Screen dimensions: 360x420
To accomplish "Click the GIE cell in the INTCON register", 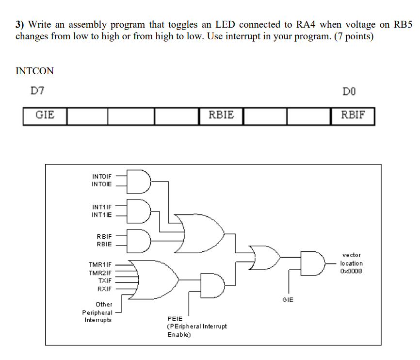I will coord(45,115).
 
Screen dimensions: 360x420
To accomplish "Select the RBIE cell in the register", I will coord(221,115).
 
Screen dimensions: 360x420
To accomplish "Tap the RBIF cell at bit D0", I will coord(353,115).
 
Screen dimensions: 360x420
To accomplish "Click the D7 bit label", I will coord(37,91).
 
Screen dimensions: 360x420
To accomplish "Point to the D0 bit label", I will coord(348,91).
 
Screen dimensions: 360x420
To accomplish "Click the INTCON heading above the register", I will coord(34,71).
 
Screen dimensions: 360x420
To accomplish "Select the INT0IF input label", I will coord(101,177).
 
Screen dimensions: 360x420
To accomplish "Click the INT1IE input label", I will coord(101,214).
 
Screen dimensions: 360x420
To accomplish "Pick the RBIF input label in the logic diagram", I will coord(104,236).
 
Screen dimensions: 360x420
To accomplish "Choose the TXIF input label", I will coord(105,281).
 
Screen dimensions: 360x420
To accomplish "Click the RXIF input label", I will coord(104,289).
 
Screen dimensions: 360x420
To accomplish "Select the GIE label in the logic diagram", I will coord(288,300).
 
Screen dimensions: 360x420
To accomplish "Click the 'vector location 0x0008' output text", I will coord(352,263).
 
